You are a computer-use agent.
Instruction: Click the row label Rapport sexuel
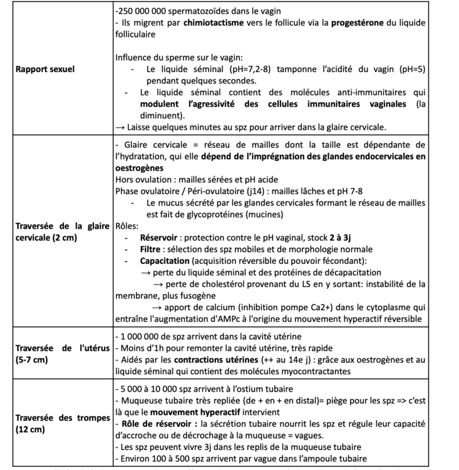click(x=44, y=69)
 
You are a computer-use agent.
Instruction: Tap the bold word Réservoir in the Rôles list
click(x=162, y=239)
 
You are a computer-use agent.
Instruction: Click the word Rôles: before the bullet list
click(x=128, y=227)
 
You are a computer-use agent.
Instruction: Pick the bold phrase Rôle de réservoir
click(x=160, y=424)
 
